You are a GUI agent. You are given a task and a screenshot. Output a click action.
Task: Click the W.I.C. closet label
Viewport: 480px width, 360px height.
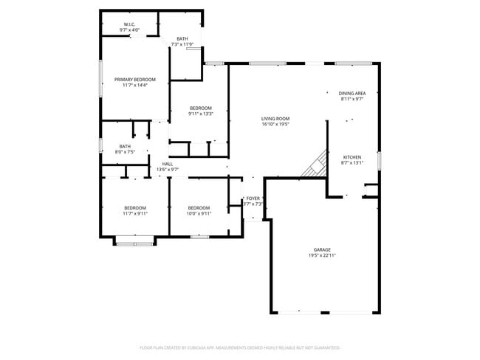point(130,24)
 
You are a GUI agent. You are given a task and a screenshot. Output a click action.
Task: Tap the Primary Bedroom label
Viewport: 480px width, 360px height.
point(134,79)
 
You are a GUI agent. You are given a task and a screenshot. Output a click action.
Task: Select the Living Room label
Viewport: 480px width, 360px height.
point(275,119)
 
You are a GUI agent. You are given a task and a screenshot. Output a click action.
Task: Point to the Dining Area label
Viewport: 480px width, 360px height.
point(352,94)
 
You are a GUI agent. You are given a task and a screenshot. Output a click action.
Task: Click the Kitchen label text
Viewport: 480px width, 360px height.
point(352,158)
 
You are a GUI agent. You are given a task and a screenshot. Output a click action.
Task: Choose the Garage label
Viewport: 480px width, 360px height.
point(322,250)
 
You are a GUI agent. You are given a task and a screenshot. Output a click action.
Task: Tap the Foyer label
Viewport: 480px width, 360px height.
point(253,198)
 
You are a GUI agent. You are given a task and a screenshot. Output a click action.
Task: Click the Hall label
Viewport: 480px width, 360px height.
point(167,164)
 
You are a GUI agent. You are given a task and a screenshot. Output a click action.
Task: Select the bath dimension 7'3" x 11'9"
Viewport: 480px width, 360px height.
point(182,45)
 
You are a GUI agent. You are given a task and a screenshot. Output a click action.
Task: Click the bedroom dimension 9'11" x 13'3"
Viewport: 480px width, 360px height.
point(200,114)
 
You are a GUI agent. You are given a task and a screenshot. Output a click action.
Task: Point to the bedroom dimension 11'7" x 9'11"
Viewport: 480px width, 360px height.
point(134,214)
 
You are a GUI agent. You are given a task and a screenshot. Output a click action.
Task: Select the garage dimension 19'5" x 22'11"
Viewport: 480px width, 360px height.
point(322,256)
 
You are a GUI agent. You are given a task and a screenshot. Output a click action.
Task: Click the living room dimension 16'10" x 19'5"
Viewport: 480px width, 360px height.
point(275,125)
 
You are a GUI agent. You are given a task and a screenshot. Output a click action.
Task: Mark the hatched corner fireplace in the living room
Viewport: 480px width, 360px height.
point(316,165)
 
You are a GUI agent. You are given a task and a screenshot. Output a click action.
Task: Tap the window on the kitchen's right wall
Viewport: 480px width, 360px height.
point(379,160)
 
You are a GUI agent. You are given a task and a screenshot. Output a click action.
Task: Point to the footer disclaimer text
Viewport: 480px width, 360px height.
point(239,347)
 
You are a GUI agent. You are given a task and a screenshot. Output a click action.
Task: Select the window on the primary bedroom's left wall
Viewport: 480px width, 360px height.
point(100,79)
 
